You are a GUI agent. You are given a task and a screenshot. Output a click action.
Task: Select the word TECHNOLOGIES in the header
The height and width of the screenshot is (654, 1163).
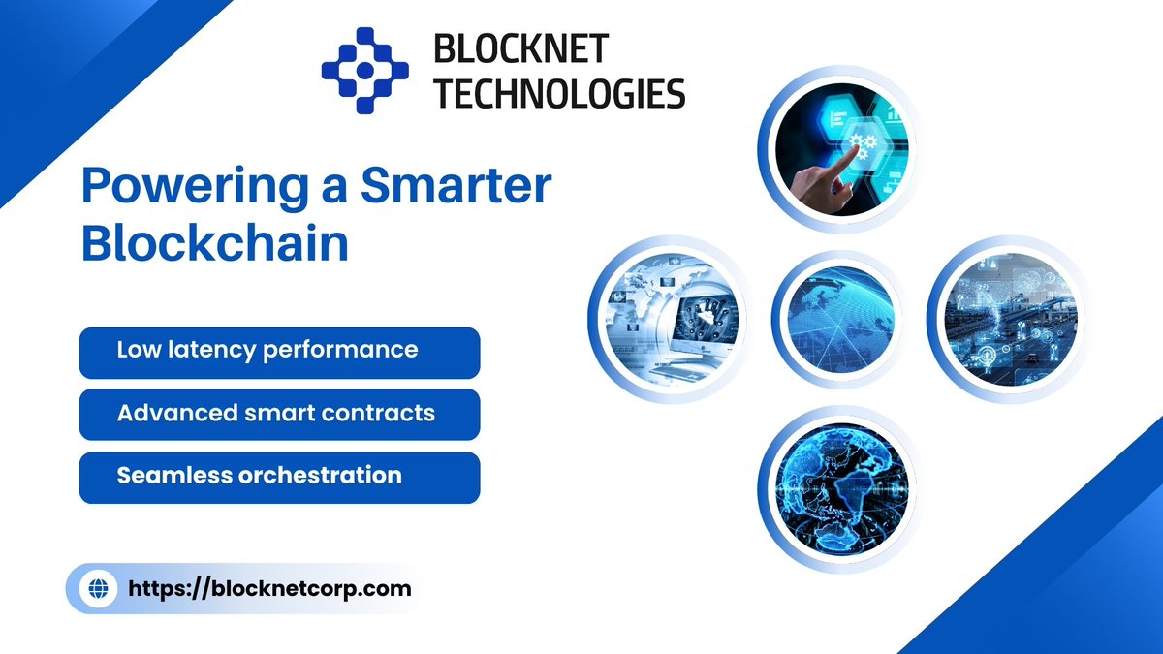click(x=559, y=93)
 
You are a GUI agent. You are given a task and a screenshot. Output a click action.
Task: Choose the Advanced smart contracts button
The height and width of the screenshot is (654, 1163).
click(x=279, y=415)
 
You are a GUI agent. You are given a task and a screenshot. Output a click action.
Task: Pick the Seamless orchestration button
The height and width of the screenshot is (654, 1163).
click(x=279, y=478)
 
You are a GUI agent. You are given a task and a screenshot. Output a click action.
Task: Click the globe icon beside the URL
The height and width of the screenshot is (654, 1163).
click(x=98, y=588)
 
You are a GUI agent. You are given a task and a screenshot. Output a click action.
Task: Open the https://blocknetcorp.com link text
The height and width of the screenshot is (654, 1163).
click(x=269, y=588)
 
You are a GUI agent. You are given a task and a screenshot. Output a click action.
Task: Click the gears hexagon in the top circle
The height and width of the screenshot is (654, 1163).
click(x=862, y=145)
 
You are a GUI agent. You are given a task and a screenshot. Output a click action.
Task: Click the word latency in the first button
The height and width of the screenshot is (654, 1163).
click(x=204, y=350)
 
